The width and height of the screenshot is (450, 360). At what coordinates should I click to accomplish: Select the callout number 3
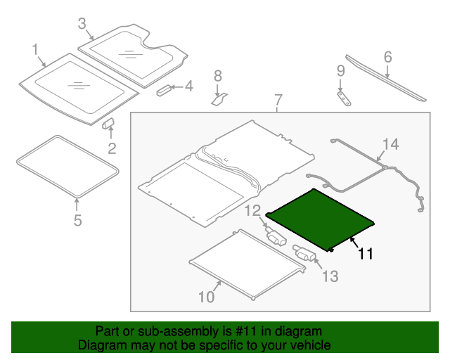click(82, 25)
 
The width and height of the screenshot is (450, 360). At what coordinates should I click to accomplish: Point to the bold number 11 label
click(365, 254)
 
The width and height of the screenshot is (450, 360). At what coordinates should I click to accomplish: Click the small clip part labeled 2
click(110, 124)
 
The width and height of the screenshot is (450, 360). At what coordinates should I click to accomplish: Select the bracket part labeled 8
click(218, 98)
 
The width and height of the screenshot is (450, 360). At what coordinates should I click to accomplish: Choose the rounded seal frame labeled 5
click(67, 166)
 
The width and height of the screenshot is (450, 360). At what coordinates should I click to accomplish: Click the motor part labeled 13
click(304, 253)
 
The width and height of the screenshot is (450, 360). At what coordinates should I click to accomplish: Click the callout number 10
click(205, 297)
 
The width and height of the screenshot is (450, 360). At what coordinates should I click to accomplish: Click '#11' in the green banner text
click(210, 331)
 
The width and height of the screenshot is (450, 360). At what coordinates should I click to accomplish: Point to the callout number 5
click(77, 221)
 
